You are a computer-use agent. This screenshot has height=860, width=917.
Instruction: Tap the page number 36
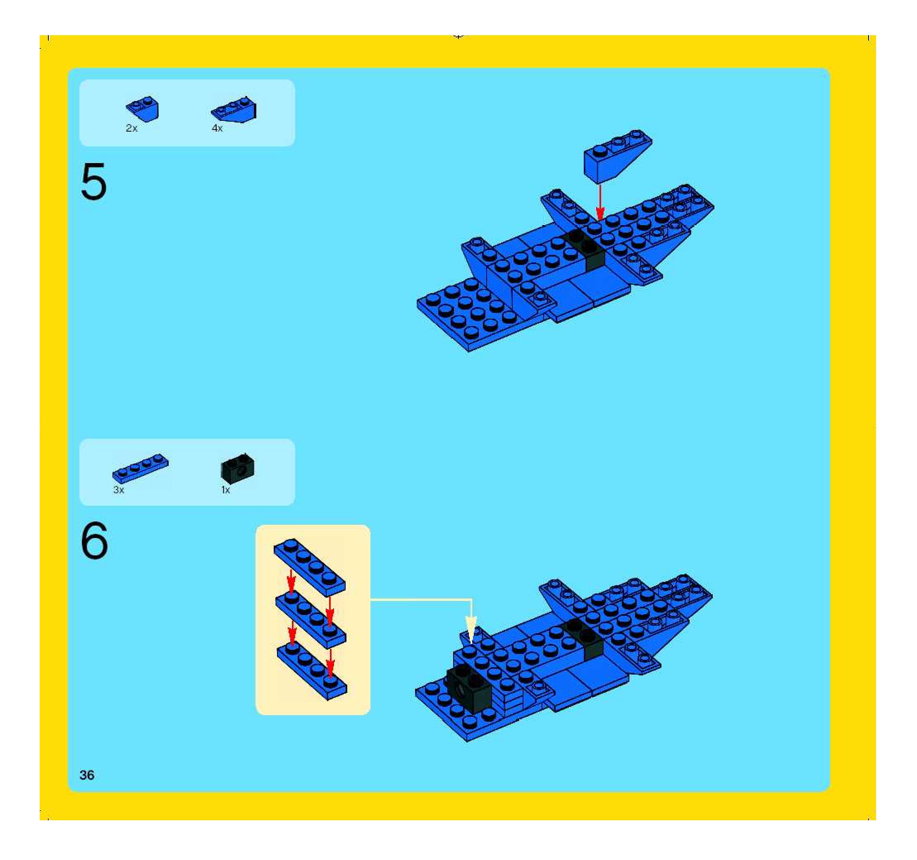coord(87,775)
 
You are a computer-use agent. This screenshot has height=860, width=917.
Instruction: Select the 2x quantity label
coord(131,128)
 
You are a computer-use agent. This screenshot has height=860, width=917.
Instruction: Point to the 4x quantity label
coord(217,128)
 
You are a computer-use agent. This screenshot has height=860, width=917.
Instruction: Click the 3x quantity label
coord(119,490)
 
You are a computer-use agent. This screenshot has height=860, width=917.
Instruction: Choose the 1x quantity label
coord(225,490)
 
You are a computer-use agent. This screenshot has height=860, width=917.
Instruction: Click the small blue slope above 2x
coord(143,109)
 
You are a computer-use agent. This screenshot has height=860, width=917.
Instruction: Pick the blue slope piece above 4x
coord(234,110)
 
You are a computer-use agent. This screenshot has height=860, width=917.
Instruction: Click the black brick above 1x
coord(238,467)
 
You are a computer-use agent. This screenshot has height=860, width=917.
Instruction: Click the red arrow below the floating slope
coord(599,201)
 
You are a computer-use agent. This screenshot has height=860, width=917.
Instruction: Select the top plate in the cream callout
coord(310,567)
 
